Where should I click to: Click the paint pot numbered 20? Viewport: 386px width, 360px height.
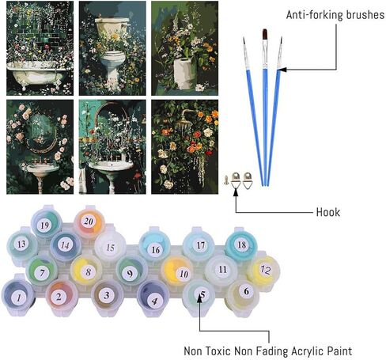coord(89,222)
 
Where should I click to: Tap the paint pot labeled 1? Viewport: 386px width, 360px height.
coord(18,297)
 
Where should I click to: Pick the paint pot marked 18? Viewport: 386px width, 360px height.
coord(241,244)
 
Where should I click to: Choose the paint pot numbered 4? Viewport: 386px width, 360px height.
coord(153,298)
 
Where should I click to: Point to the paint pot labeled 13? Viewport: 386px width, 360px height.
coord(22,244)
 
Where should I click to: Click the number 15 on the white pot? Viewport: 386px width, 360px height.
coord(110,248)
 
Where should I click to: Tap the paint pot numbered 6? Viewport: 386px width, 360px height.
coord(243,294)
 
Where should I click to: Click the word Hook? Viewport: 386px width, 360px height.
coord(328,212)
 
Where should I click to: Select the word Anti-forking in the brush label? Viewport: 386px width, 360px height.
coord(315,15)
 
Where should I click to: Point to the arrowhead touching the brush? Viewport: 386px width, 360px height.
coord(282,70)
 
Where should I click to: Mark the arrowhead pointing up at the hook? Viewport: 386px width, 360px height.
coord(236,191)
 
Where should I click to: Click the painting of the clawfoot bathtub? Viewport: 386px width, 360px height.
coord(40,48)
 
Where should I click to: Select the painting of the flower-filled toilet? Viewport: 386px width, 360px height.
coord(112,48)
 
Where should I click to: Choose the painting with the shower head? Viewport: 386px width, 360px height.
coord(185,147)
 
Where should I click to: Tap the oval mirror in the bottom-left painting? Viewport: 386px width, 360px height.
coord(40,135)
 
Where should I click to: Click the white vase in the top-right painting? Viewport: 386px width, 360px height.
coord(185,74)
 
